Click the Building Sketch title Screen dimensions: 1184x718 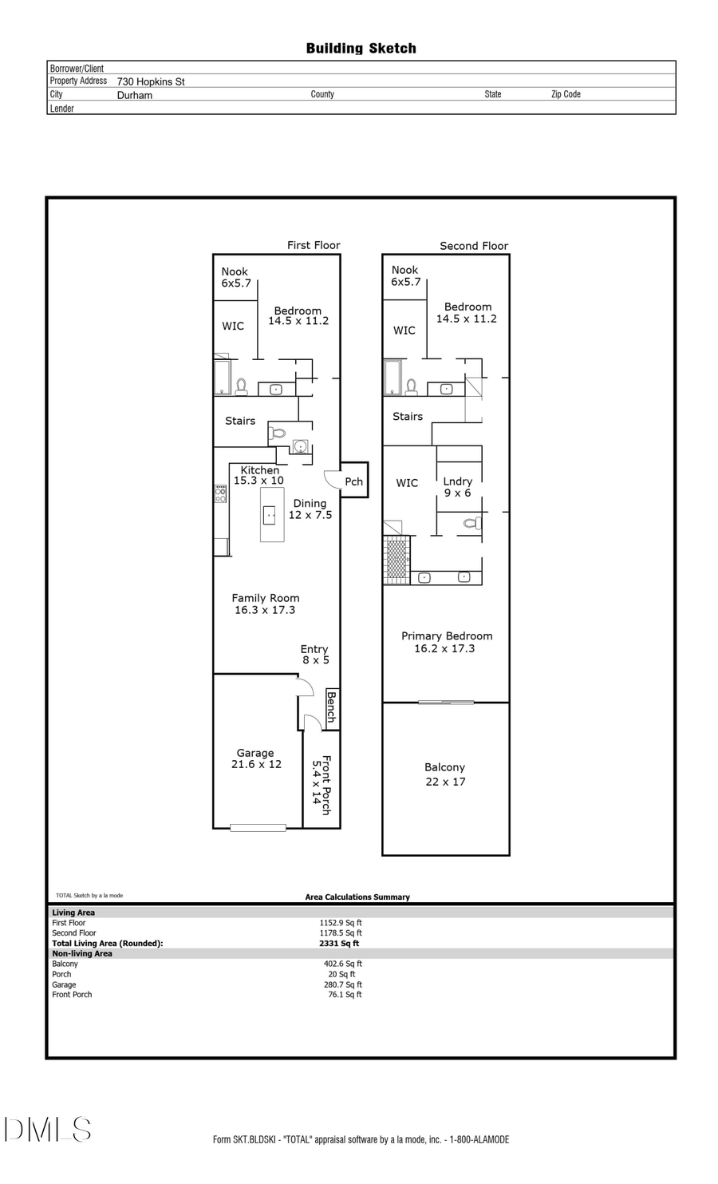[x=361, y=49]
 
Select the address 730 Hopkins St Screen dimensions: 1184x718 [x=151, y=81]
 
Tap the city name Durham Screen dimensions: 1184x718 [x=135, y=95]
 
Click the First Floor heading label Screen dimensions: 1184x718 [x=314, y=245]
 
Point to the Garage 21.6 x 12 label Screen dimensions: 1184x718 [x=255, y=758]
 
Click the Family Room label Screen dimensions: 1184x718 [x=265, y=604]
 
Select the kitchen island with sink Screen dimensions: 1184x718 [x=271, y=515]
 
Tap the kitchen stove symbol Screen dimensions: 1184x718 [x=220, y=494]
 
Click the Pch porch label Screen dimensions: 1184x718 [x=353, y=481]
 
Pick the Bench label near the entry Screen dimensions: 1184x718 [x=332, y=707]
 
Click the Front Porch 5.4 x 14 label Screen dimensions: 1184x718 [x=321, y=785]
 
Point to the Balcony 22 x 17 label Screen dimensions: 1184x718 [x=444, y=774]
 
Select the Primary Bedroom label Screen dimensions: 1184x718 [x=446, y=642]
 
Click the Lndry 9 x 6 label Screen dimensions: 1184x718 [x=457, y=487]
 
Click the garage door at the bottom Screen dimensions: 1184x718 [x=258, y=828]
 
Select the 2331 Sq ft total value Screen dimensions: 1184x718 [x=339, y=943]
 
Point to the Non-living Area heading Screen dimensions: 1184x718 [x=82, y=953]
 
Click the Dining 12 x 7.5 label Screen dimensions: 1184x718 [x=310, y=509]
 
